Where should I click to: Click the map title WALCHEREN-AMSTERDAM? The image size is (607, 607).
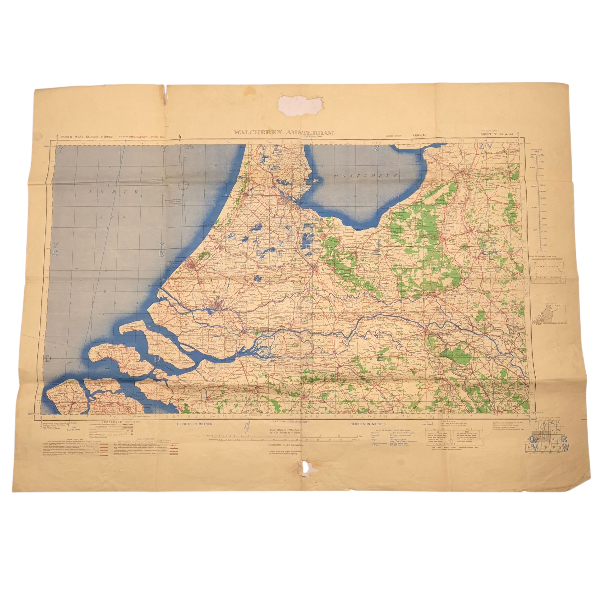284,133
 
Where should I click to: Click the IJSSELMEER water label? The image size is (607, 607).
366,175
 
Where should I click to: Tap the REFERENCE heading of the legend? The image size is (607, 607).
111,422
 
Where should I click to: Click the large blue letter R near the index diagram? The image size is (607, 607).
564,439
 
